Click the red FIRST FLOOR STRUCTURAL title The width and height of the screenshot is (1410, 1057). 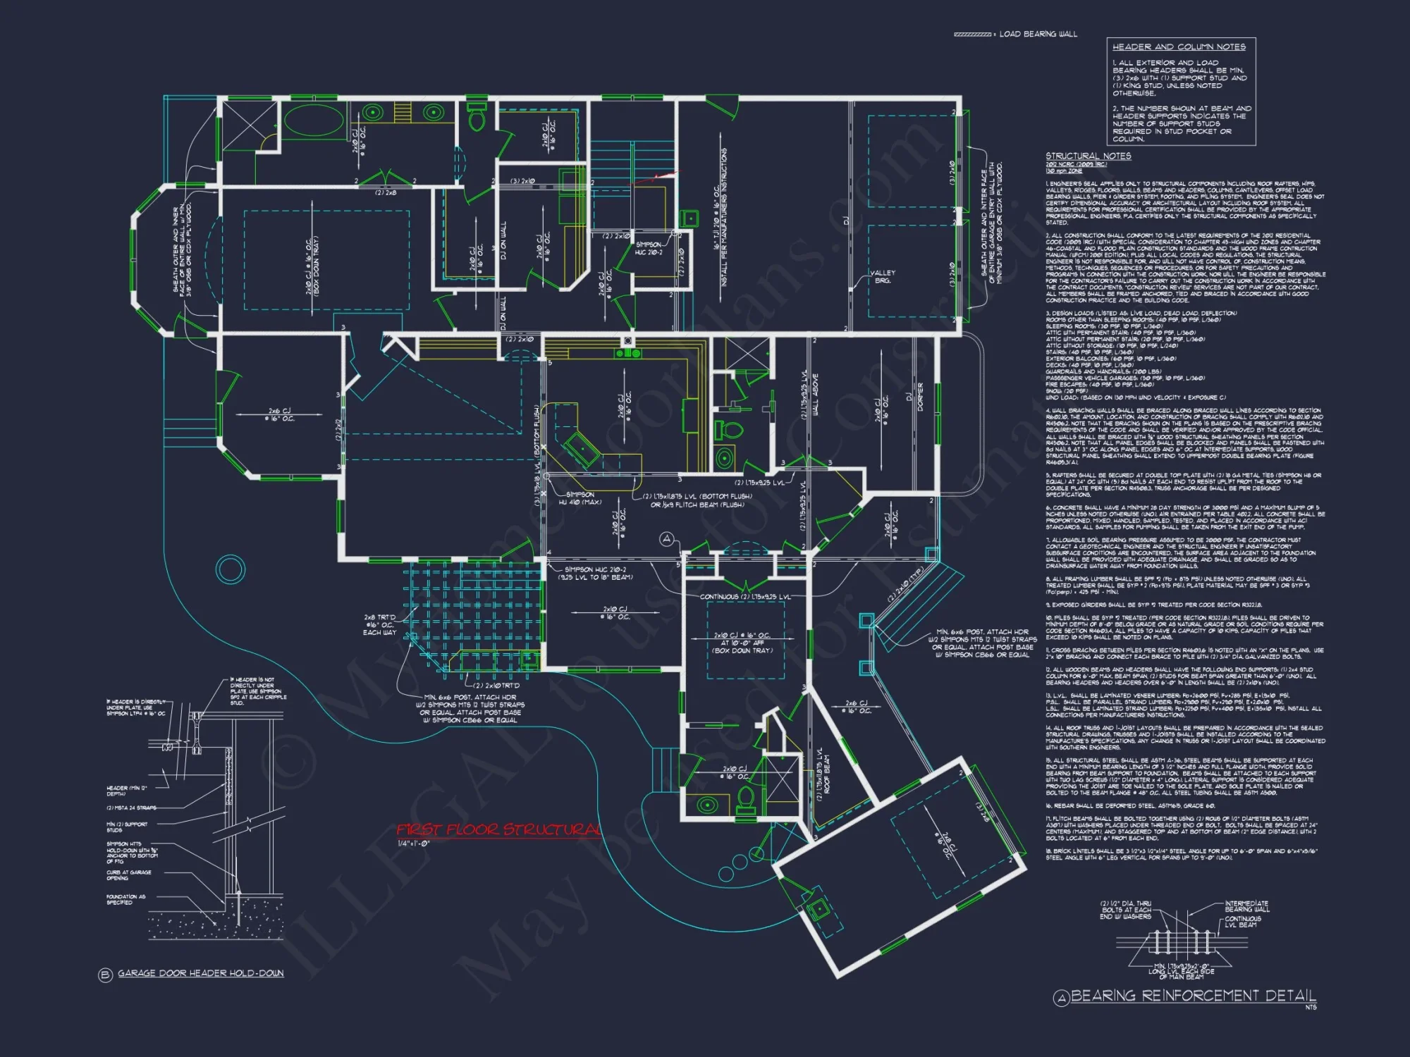[x=498, y=829]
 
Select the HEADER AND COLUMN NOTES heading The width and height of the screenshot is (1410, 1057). [x=1179, y=47]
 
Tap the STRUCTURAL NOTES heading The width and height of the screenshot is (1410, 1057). [x=1088, y=156]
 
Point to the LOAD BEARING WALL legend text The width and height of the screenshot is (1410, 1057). [x=1038, y=34]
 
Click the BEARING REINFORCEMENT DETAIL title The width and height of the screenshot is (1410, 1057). [x=1193, y=996]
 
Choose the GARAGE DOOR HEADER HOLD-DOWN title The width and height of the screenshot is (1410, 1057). [x=200, y=973]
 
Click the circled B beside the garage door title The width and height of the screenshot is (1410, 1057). [x=106, y=975]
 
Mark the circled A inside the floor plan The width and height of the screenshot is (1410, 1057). [x=667, y=540]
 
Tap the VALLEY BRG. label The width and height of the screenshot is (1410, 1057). [x=883, y=276]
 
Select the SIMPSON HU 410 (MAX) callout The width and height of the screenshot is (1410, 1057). [x=580, y=498]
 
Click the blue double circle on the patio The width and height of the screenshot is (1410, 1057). [x=230, y=569]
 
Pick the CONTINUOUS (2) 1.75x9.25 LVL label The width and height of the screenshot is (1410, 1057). [x=745, y=597]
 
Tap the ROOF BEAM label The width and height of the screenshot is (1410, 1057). [x=827, y=774]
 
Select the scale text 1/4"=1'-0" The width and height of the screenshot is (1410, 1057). [x=414, y=843]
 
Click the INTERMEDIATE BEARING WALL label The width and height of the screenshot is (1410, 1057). [x=1246, y=906]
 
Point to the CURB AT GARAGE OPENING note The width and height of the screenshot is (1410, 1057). [x=128, y=875]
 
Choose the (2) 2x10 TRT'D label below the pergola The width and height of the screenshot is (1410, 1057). [x=496, y=685]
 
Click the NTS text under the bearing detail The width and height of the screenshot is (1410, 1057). [x=1311, y=1007]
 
